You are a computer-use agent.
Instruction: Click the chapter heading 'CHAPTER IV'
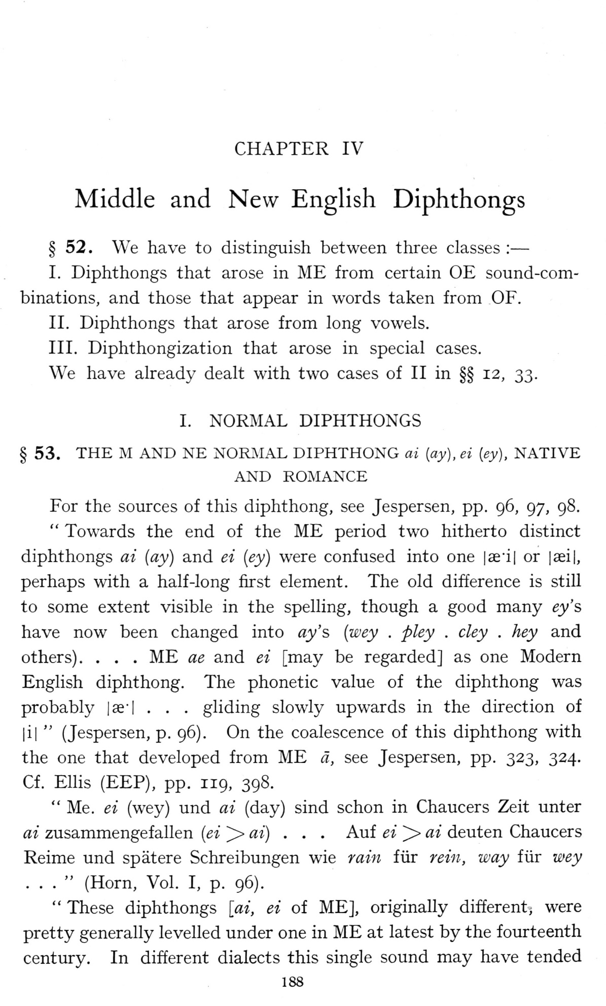pyautogui.click(x=299, y=149)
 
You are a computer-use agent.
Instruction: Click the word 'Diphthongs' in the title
pyautogui.click(x=459, y=199)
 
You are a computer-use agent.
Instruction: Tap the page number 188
pyautogui.click(x=292, y=982)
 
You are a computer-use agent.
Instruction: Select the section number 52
pyautogui.click(x=79, y=248)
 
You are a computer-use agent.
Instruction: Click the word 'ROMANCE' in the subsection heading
pyautogui.click(x=325, y=477)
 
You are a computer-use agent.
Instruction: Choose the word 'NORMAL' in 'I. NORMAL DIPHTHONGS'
pyautogui.click(x=248, y=421)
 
